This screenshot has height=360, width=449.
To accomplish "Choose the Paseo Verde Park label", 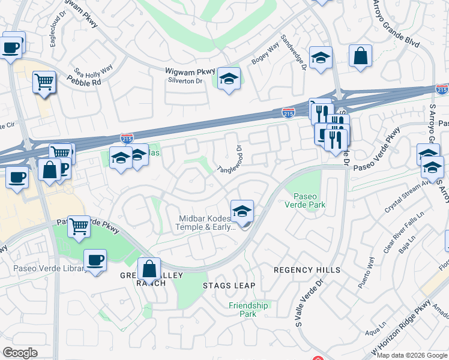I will (x=309, y=200).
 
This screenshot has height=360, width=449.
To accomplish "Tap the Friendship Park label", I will (x=248, y=310).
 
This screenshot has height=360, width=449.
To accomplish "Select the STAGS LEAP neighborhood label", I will (x=229, y=285).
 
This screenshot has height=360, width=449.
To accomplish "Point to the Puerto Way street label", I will (x=366, y=273).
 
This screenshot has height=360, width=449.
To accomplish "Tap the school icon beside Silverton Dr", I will (x=229, y=79).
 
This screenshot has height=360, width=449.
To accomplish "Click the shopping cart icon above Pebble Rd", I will (x=44, y=82).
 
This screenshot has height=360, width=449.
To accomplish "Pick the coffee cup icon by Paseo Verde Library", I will (x=95, y=260).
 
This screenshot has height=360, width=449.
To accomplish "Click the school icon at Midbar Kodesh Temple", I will (x=243, y=211).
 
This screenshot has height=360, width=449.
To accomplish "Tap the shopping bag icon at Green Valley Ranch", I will (x=149, y=268).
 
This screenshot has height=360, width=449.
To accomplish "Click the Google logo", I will (x=20, y=353).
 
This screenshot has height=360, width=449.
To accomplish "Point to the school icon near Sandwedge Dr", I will (x=321, y=58).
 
